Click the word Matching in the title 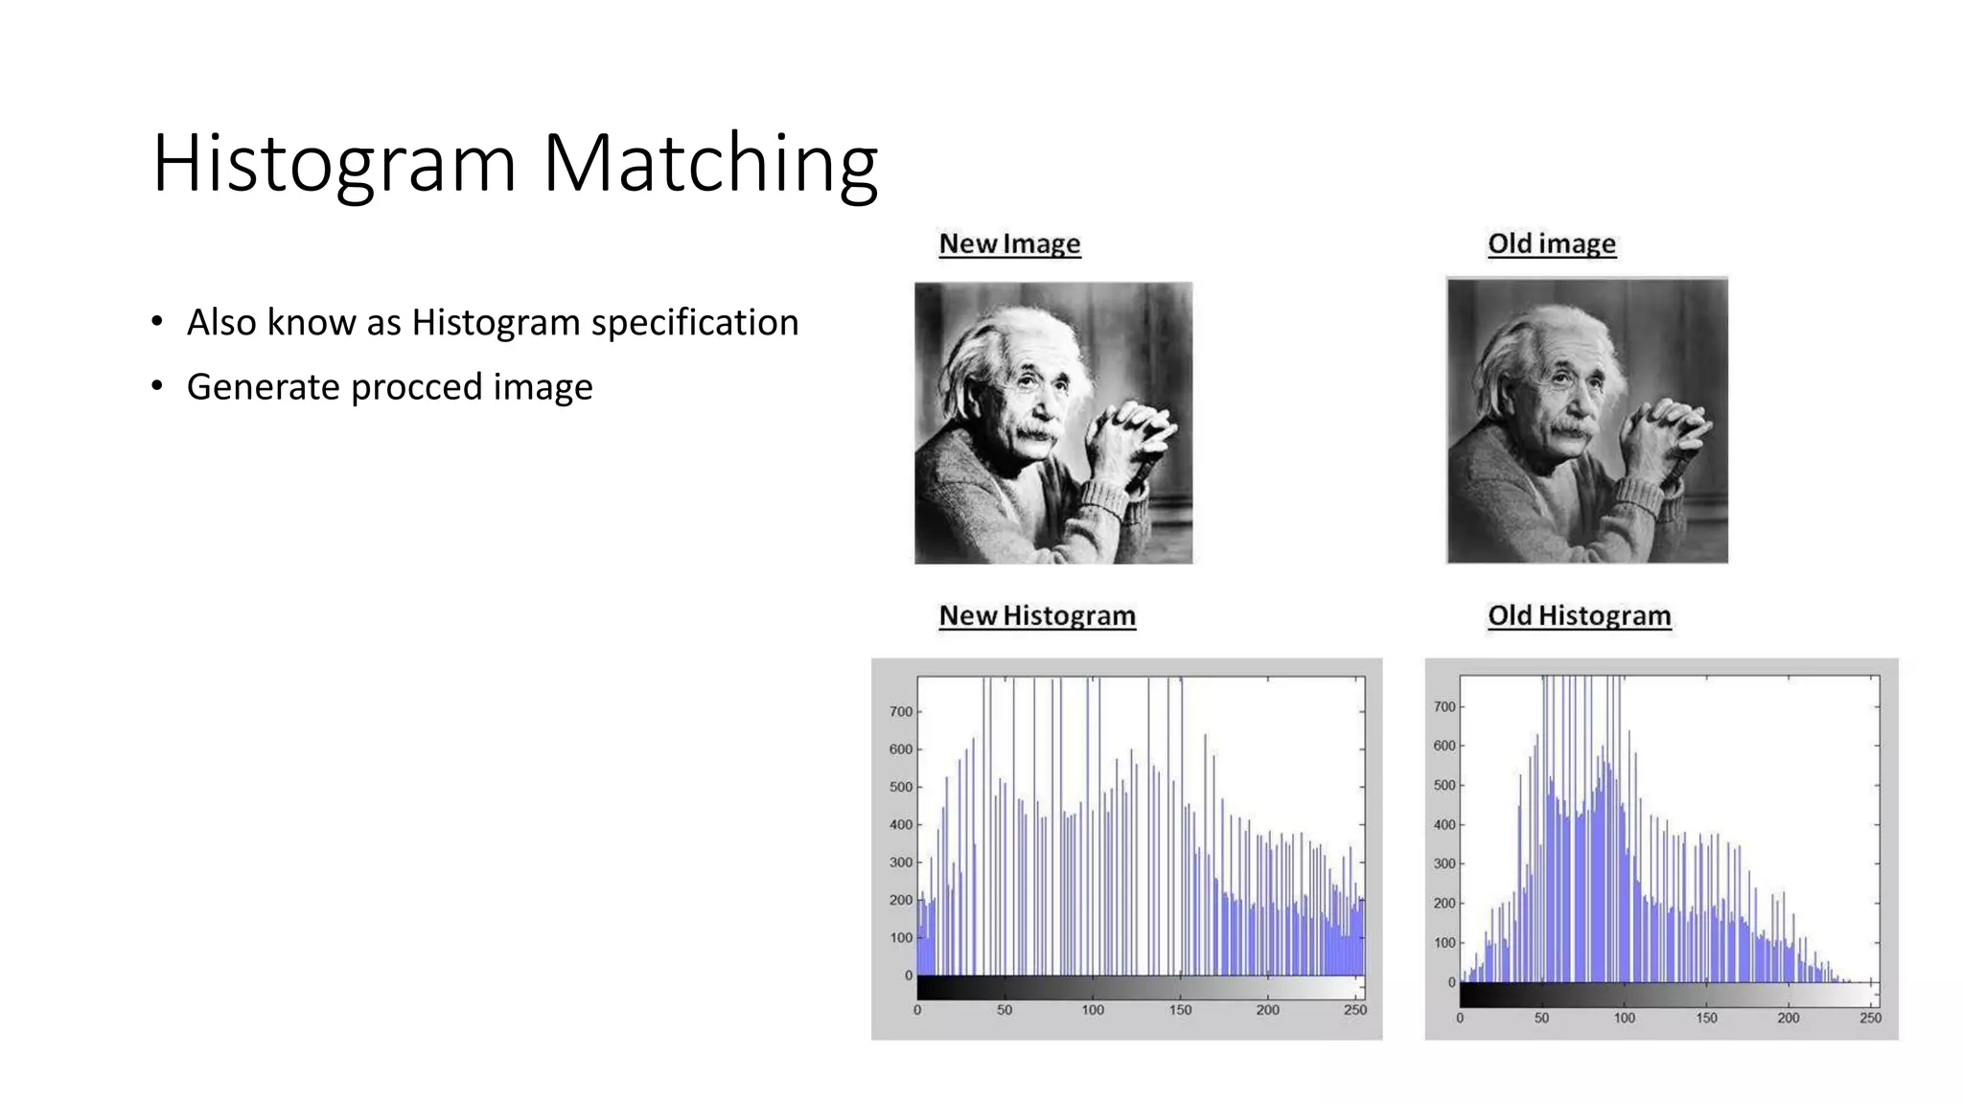coord(710,164)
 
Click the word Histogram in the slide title coord(335,164)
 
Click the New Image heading coord(1009,243)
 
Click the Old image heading coord(1551,243)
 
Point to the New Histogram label coord(1037,615)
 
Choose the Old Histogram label coord(1579,615)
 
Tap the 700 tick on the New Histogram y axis coord(900,711)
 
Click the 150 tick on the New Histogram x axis coord(1180,1010)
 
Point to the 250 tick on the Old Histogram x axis coord(1870,1018)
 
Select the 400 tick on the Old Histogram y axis coord(1443,824)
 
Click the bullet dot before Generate coord(157,387)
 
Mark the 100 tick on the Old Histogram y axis coord(1443,943)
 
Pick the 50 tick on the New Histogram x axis coord(1004,1010)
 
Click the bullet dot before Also coord(157,322)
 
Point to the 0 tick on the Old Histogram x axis coord(1460,1018)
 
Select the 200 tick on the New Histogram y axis coord(900,900)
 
